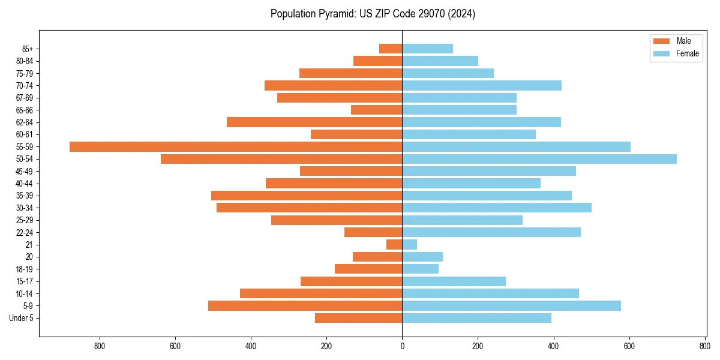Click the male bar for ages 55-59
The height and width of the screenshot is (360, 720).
click(x=236, y=146)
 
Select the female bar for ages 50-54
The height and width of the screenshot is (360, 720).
click(x=539, y=159)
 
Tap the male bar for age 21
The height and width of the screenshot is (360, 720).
click(x=394, y=244)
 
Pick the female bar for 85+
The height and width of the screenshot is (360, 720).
click(x=427, y=49)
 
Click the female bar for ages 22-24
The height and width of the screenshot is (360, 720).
click(x=491, y=232)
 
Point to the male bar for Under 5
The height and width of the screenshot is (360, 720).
click(x=358, y=318)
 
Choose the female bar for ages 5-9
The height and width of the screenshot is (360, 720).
click(x=511, y=305)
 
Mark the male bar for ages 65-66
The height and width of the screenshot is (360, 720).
click(x=376, y=110)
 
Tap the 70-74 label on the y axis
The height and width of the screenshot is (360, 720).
click(x=25, y=85)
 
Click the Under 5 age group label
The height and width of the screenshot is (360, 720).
click(x=22, y=318)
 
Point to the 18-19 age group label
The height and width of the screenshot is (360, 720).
click(x=25, y=269)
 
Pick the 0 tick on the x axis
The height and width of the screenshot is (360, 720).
click(x=402, y=346)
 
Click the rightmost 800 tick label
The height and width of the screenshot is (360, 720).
click(x=704, y=346)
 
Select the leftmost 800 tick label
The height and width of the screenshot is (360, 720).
click(x=100, y=346)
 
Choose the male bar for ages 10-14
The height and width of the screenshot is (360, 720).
click(x=321, y=293)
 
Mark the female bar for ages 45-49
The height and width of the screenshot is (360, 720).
click(x=489, y=171)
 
